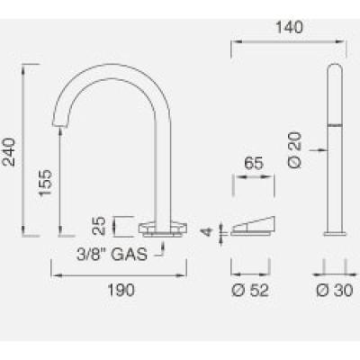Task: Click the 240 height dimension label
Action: point(8,152)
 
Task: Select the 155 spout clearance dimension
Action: point(46,183)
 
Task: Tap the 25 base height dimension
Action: point(99,226)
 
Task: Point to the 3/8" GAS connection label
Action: point(112,255)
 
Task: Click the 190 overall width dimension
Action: point(121,290)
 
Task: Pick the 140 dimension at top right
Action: point(289,27)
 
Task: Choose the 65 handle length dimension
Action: point(254,163)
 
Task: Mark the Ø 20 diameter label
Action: point(294,149)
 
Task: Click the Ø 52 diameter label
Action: point(250,291)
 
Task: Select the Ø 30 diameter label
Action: point(335,291)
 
